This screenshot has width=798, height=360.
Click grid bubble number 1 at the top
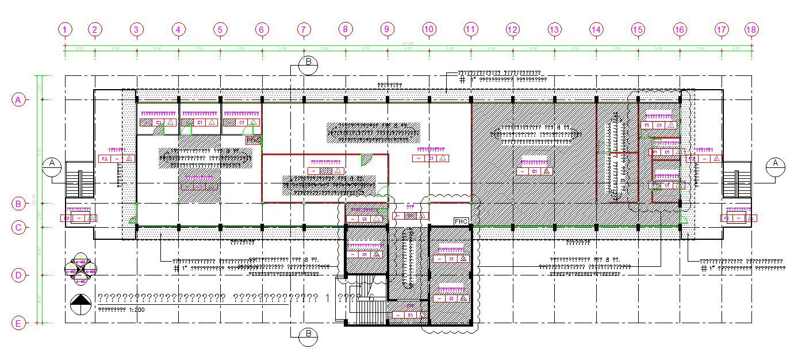tap(66, 29)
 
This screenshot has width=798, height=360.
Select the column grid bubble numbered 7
tap(304, 29)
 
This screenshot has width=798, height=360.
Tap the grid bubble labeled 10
tap(428, 29)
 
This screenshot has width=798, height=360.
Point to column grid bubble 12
tap(512, 29)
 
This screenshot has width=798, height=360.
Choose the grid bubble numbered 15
tap(638, 29)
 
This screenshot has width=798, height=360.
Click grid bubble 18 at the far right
tap(751, 29)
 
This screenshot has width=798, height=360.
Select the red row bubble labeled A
tap(18, 99)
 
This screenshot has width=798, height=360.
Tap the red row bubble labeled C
tap(18, 228)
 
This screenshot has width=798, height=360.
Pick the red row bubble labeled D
tap(18, 275)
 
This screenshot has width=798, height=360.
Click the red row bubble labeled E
tap(18, 324)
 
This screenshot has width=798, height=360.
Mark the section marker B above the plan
tap(309, 64)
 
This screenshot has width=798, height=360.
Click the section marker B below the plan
tap(309, 336)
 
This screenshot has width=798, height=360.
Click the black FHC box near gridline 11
tap(461, 221)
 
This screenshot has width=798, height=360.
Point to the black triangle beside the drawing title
tap(81, 301)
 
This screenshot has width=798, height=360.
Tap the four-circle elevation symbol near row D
tap(80, 267)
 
